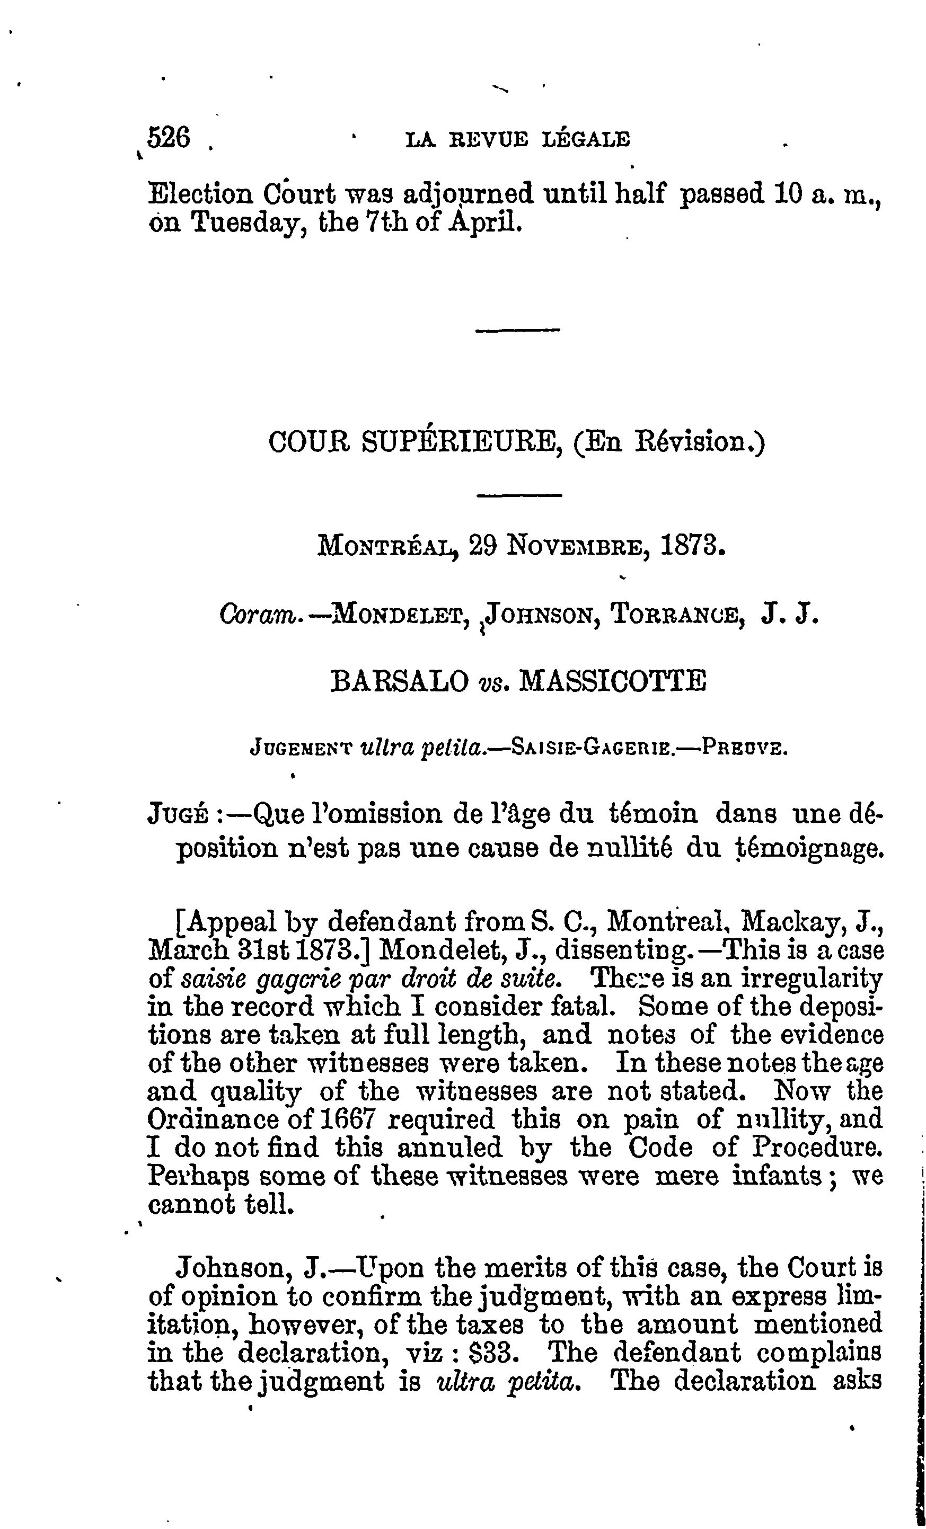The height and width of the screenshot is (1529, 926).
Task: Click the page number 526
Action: point(168,137)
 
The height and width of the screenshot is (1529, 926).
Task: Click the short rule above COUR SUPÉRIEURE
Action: point(518,330)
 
